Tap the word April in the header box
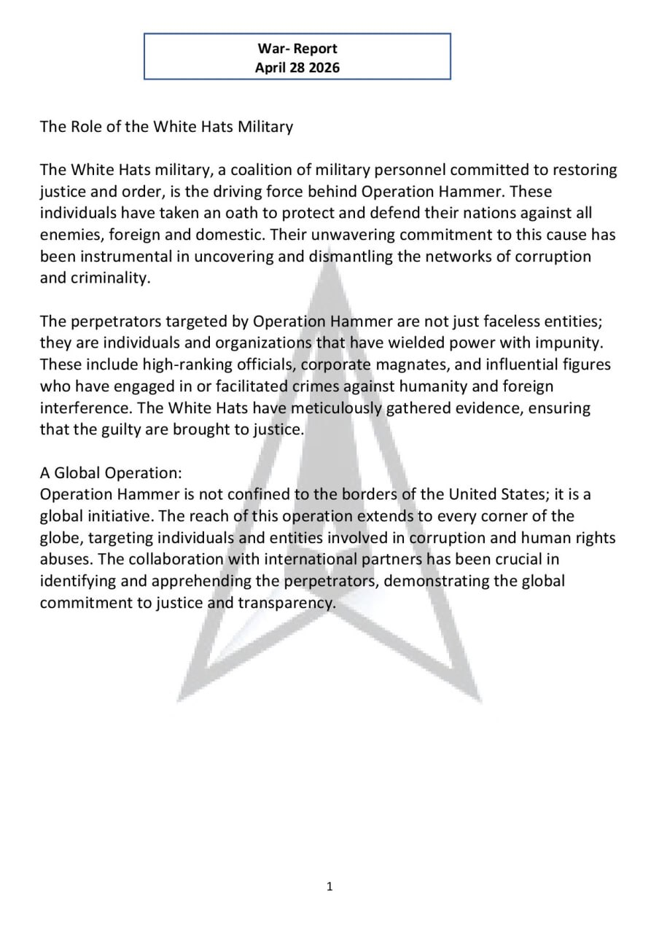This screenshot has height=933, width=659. tap(271, 68)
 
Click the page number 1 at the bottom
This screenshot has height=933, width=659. tap(329, 886)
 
